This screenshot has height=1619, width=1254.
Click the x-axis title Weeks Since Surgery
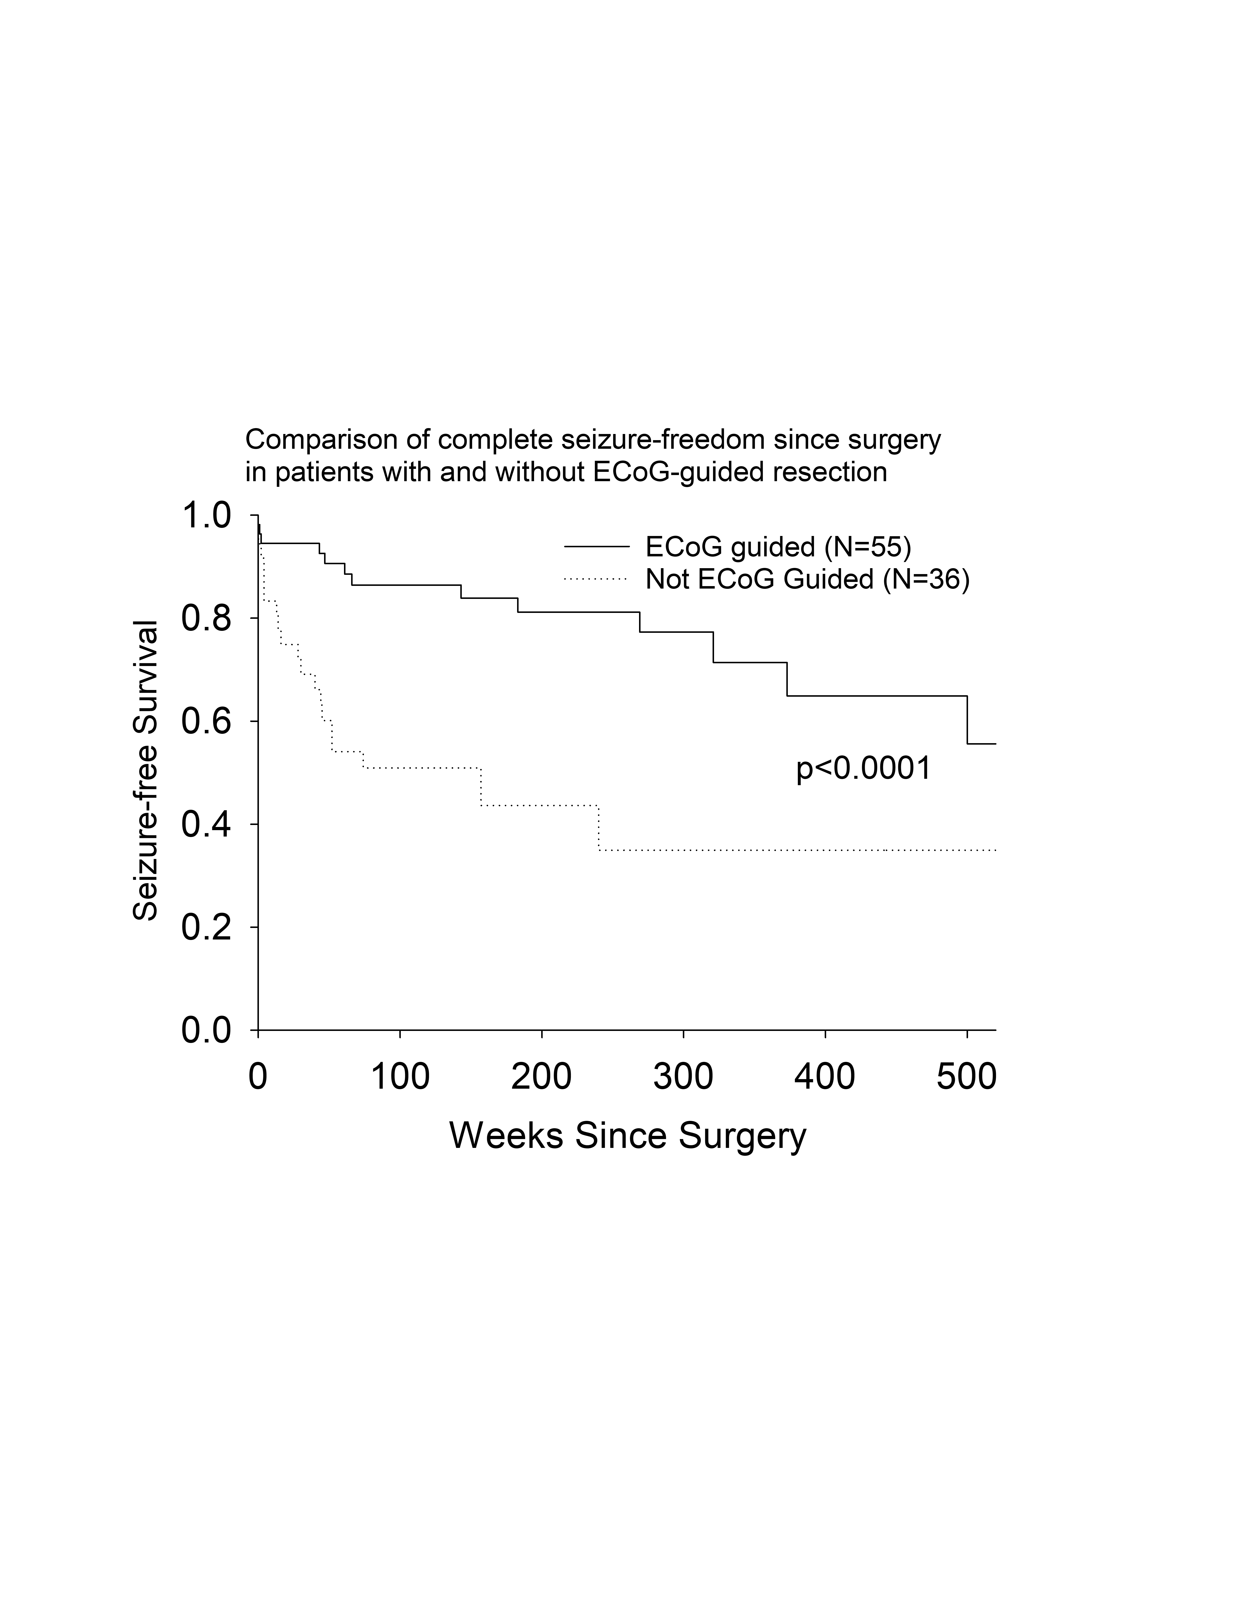(627, 1136)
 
